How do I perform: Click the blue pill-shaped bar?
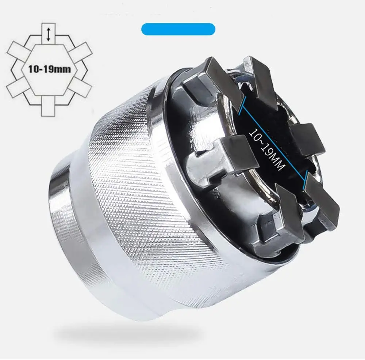click(178, 29)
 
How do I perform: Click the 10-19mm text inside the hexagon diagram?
click(49, 69)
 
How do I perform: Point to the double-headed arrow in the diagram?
click(49, 34)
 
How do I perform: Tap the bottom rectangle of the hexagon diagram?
click(49, 106)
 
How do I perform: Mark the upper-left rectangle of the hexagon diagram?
click(18, 52)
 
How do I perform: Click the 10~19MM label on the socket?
click(267, 149)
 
